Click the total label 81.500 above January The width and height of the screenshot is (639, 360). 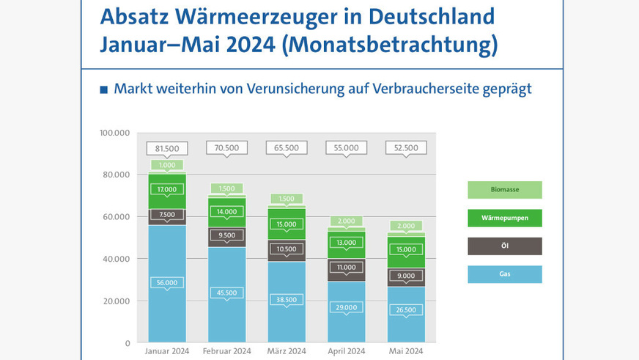coord(167,147)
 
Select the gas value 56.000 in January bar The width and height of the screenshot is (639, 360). coord(167,282)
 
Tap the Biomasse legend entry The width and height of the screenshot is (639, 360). coord(505,190)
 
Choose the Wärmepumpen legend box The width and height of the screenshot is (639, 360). coord(505,218)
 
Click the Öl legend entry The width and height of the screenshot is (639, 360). coord(505,246)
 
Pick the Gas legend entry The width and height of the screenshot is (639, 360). coord(505,274)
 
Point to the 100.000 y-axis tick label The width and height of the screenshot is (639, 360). coord(114,133)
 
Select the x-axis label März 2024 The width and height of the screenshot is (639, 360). coord(286,351)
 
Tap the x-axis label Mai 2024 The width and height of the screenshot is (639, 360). coord(405,351)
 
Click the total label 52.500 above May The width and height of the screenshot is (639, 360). coord(405,147)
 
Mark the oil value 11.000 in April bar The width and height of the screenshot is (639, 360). coord(345,268)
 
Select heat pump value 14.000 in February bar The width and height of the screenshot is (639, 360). coord(226,211)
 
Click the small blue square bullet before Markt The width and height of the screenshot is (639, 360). coord(103,89)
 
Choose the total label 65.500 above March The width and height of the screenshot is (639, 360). coord(286,147)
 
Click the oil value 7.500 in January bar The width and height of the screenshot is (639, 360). coord(167,215)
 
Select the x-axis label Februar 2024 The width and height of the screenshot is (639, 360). coord(226,351)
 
